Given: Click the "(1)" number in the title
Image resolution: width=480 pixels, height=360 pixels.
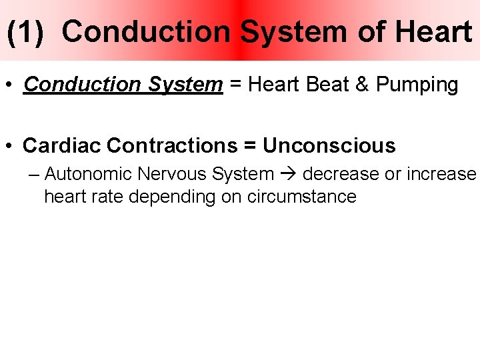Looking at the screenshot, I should point(26,32).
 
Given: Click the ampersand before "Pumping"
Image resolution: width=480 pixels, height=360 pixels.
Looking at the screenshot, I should point(363,85).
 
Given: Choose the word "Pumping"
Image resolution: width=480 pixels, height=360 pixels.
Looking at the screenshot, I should point(417,85).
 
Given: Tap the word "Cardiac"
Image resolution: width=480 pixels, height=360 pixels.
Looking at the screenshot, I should point(61,145).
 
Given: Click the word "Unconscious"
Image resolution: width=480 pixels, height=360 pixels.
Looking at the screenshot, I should point(329,145).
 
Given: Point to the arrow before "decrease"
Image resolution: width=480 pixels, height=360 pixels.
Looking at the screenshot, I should point(288,175).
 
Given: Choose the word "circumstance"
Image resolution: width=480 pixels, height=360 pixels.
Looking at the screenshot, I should point(301,197).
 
